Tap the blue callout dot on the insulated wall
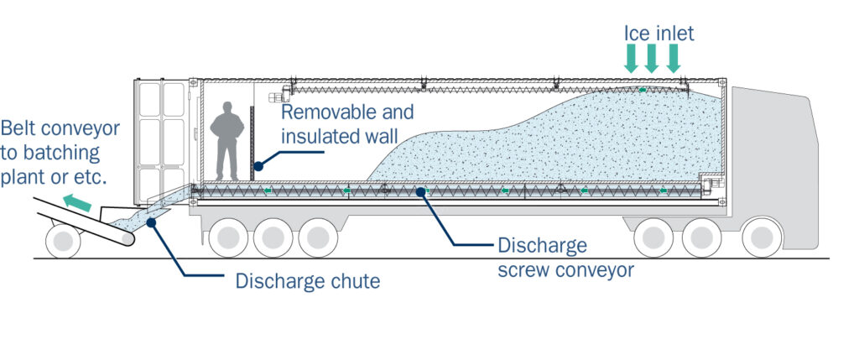click(x=259, y=165)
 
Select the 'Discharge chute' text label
click(x=307, y=281)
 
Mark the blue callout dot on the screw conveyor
click(x=425, y=194)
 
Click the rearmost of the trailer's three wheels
click(x=226, y=238)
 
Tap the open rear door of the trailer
click(x=161, y=138)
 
